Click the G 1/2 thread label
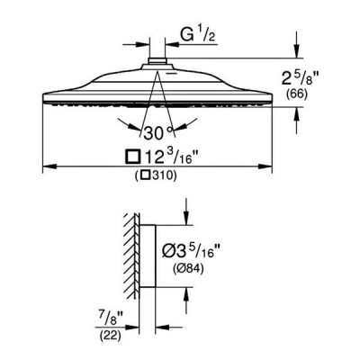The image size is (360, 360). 198,36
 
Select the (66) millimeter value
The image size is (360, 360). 297,94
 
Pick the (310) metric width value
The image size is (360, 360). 156,175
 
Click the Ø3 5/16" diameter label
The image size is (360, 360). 188,251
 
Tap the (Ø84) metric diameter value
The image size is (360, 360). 188,268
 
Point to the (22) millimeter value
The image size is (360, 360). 110,336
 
